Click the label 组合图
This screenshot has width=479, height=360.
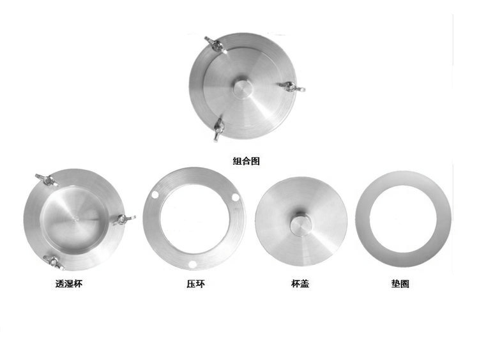247,162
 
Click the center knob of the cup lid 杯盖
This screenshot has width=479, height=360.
300,226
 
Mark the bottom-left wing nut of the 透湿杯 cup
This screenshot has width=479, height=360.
49,260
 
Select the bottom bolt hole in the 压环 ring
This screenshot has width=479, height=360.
190,264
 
